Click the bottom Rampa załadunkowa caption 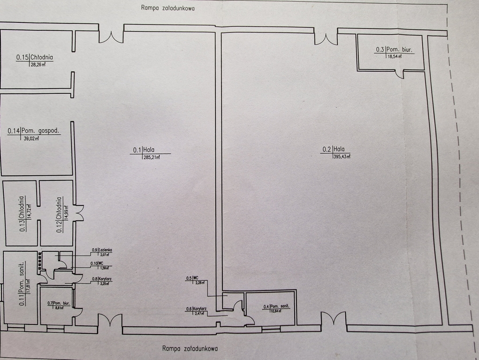coord(190,348)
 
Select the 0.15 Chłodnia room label coord(34,58)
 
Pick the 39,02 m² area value coord(31,138)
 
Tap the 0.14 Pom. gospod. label coord(34,131)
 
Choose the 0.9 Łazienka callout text coord(102,250)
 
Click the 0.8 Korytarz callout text coord(102,279)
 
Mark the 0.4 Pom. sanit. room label coord(276,307)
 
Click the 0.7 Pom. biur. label coord(59,303)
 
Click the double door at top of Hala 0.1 coord(111,37)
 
